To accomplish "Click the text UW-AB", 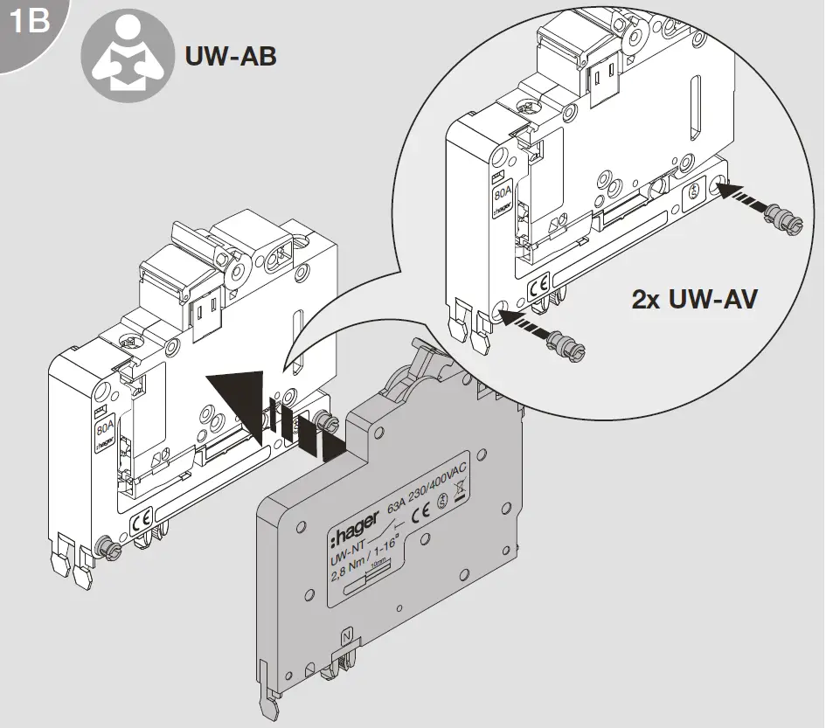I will pyautogui.click(x=231, y=58).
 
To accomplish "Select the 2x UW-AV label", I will pyautogui.click(x=694, y=300).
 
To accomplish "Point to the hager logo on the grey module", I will pyautogui.click(x=355, y=524).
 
